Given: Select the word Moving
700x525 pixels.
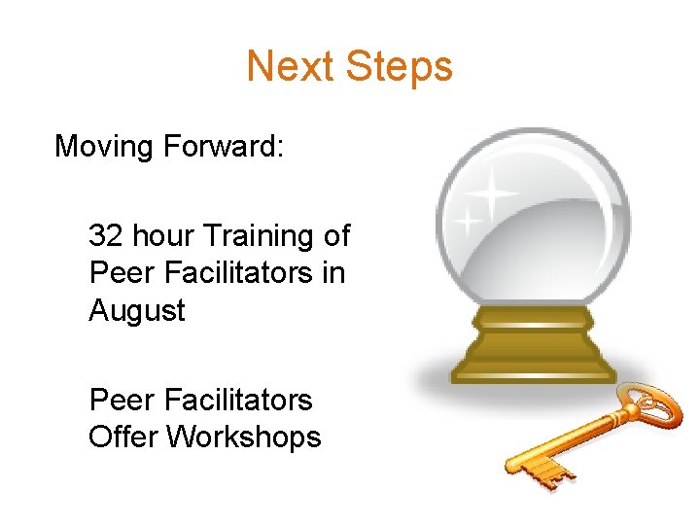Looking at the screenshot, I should pyautogui.click(x=104, y=147).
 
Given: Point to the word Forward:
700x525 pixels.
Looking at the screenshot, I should pyautogui.click(x=223, y=147).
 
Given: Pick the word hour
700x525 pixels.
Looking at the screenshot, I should pyautogui.click(x=161, y=235).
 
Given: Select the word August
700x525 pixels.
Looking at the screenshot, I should pyautogui.click(x=136, y=311).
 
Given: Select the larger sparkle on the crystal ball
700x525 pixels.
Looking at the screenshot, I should pyautogui.click(x=495, y=194).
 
